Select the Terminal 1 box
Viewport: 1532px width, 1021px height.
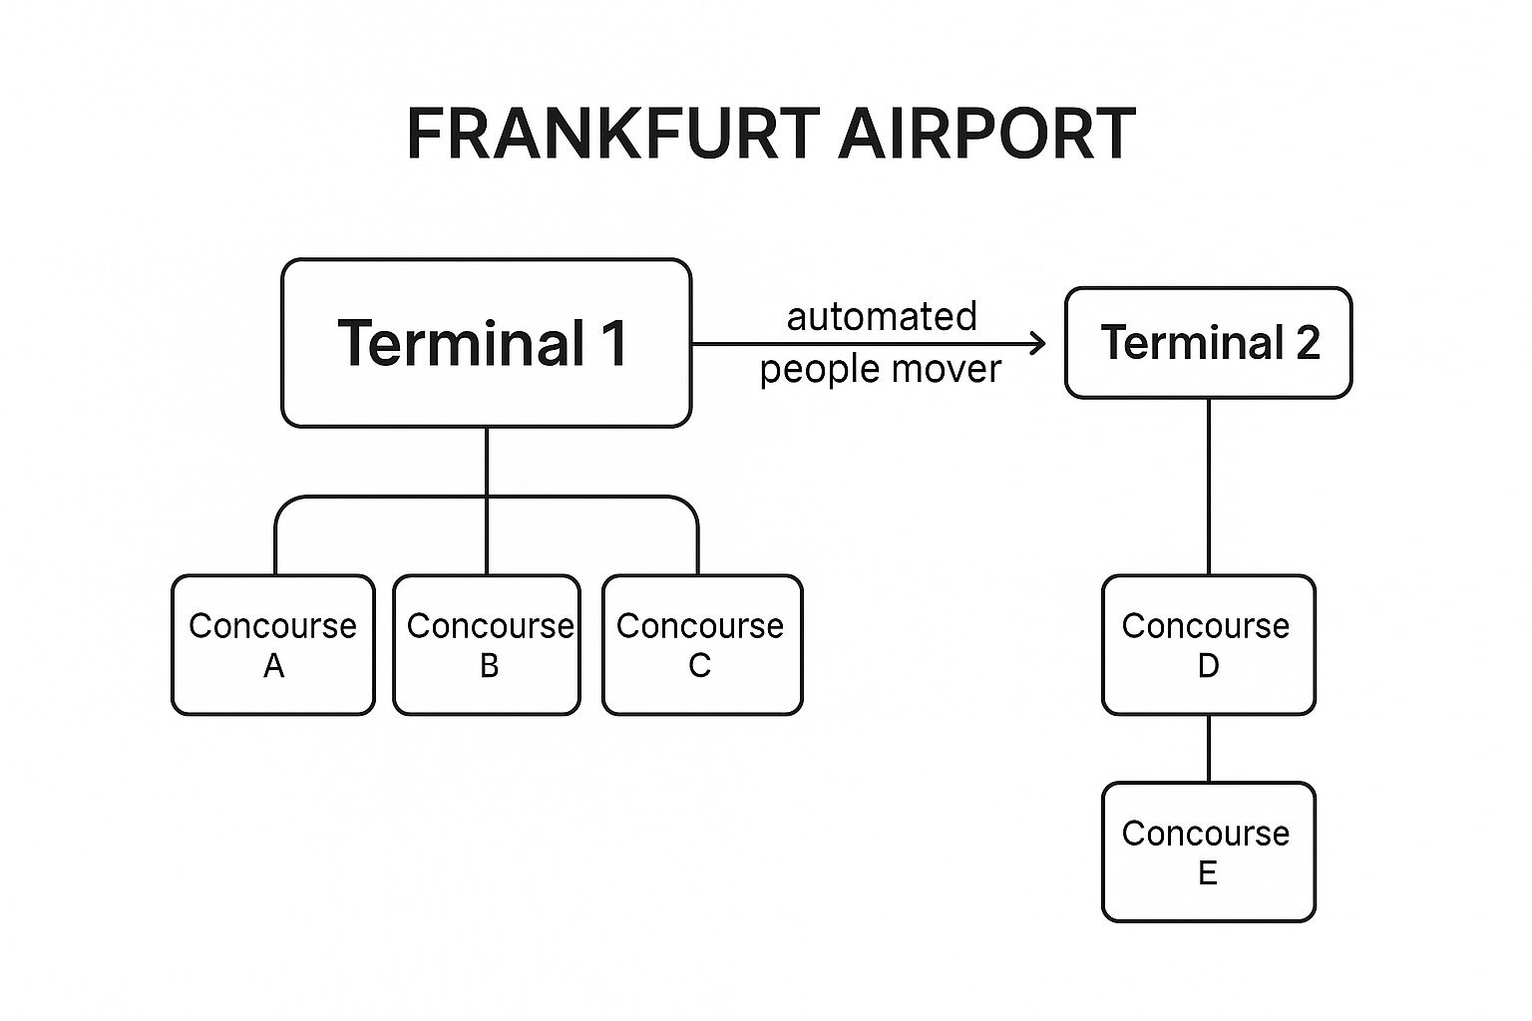point(486,343)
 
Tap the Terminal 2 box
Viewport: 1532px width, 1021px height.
point(1208,343)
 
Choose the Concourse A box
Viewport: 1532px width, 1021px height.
point(272,644)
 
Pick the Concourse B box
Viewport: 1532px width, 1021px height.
point(487,644)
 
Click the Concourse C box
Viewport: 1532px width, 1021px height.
point(701,644)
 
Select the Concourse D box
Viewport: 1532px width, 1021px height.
point(1208,644)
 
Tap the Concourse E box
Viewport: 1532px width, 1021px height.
point(1208,851)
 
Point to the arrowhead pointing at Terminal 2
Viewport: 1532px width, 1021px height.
point(1038,344)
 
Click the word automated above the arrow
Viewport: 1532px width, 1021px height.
point(882,317)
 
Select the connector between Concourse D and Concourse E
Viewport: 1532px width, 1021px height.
point(1209,748)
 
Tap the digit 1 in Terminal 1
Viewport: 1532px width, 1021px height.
point(613,343)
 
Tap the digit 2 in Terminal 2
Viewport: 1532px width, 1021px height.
point(1307,343)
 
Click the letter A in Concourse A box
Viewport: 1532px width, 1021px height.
point(273,666)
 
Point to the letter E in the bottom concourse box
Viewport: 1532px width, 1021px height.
point(1207,873)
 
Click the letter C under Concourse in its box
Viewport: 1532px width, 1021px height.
point(700,666)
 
